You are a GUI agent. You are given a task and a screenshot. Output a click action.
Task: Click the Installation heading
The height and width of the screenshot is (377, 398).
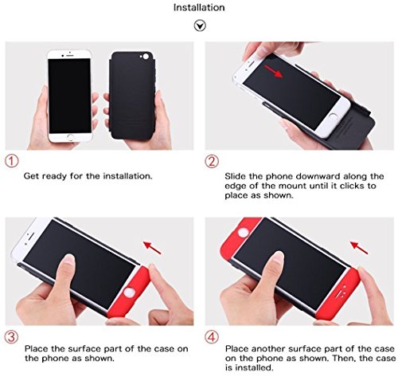(x=199, y=7)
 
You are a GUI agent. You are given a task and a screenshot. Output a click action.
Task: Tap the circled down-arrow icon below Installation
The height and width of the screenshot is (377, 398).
(x=200, y=26)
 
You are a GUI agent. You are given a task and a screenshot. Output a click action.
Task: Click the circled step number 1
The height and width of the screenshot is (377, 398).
(x=12, y=161)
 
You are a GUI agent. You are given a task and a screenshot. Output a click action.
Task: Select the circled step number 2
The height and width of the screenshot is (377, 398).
(x=212, y=162)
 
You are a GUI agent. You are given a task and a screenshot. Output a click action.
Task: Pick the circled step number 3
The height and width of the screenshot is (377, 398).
(x=12, y=337)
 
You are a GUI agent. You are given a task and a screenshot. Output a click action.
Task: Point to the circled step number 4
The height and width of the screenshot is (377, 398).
(x=212, y=337)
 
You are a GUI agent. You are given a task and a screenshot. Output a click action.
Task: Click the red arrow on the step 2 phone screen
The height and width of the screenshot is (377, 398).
(x=273, y=71)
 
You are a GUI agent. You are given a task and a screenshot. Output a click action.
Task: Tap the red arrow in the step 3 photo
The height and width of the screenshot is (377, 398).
(x=152, y=247)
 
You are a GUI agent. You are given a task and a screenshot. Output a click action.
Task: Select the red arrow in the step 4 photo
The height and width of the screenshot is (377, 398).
(x=359, y=247)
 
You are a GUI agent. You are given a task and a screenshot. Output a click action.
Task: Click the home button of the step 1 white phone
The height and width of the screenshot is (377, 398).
(x=71, y=137)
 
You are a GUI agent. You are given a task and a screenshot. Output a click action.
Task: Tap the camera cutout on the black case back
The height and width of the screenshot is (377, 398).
(x=146, y=57)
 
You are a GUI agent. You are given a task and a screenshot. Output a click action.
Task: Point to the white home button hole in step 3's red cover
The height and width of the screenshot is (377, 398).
(x=129, y=293)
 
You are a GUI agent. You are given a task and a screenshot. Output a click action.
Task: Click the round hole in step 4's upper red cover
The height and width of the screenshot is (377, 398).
(x=243, y=233)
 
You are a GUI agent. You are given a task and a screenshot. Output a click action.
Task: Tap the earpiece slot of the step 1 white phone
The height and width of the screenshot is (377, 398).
(x=70, y=56)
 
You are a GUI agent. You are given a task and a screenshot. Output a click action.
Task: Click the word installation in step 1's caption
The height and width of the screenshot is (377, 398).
(x=128, y=176)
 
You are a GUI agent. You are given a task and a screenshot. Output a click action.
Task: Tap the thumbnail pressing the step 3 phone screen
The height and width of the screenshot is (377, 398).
(x=68, y=259)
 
